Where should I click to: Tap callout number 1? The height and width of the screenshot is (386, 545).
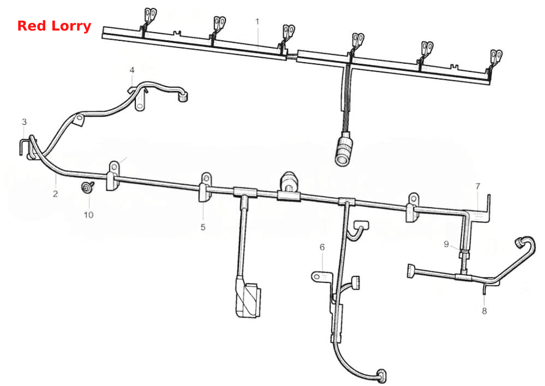pyautogui.click(x=257, y=22)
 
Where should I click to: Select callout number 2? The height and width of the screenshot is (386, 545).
pyautogui.click(x=56, y=194)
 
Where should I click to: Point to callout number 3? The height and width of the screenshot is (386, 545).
pyautogui.click(x=24, y=122)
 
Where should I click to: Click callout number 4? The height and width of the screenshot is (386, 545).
pyautogui.click(x=131, y=70)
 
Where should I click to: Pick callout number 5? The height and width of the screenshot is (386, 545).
pyautogui.click(x=203, y=227)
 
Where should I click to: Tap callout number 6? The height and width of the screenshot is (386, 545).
pyautogui.click(x=322, y=247)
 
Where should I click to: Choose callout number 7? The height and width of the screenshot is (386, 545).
pyautogui.click(x=477, y=186)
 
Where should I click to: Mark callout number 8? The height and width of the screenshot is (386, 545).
pyautogui.click(x=484, y=311)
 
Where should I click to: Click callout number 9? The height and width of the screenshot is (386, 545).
pyautogui.click(x=446, y=244)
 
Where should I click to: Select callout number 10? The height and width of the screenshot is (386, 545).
pyautogui.click(x=88, y=215)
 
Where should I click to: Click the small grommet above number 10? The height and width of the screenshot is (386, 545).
pyautogui.click(x=86, y=187)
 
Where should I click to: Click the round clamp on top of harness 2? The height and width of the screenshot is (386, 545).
pyautogui.click(x=289, y=182)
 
